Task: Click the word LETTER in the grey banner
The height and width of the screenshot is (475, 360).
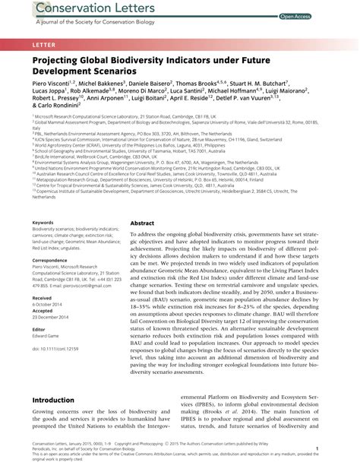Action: (x=43, y=46)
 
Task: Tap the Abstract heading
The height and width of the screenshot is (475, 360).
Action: (x=142, y=223)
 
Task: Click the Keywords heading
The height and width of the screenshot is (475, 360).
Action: (x=44, y=222)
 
